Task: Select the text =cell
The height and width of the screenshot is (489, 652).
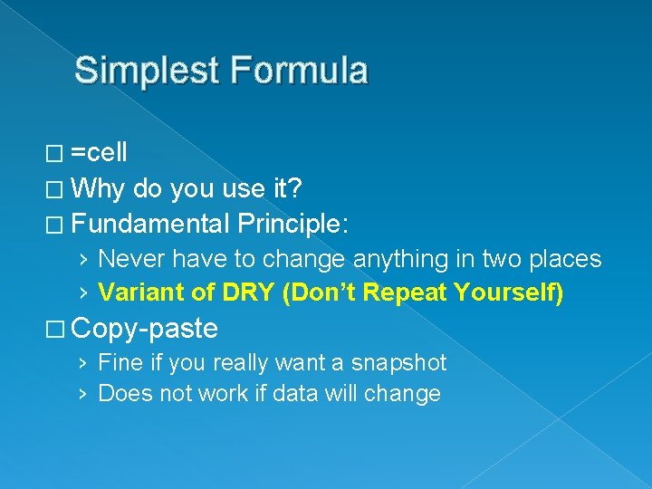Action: pos(99,152)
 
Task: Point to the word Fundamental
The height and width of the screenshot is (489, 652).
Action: pos(150,223)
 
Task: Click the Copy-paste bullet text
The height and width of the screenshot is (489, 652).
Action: pos(145,328)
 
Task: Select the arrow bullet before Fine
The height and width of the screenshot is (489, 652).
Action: pos(83,364)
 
